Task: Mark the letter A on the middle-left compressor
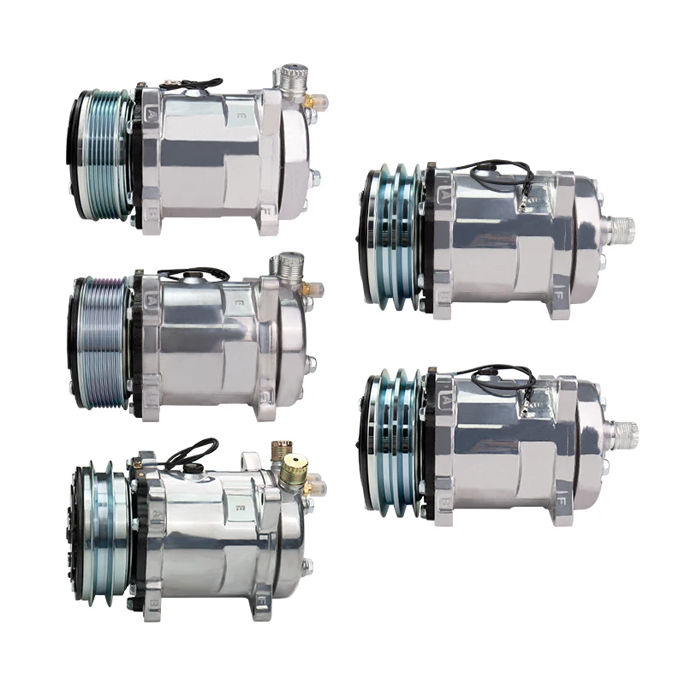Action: [152, 300]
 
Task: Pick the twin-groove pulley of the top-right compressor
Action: [394, 237]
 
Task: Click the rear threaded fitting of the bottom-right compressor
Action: [622, 432]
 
